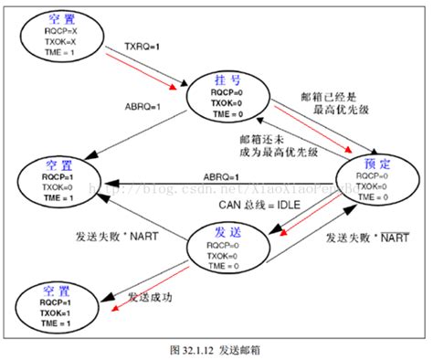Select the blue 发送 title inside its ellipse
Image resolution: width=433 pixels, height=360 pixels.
pos(224,232)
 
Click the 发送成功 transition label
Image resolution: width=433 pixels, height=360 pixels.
pos(151,297)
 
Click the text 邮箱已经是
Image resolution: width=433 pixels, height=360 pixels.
pos(327,96)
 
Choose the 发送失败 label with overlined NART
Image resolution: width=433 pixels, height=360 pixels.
pos(365,238)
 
